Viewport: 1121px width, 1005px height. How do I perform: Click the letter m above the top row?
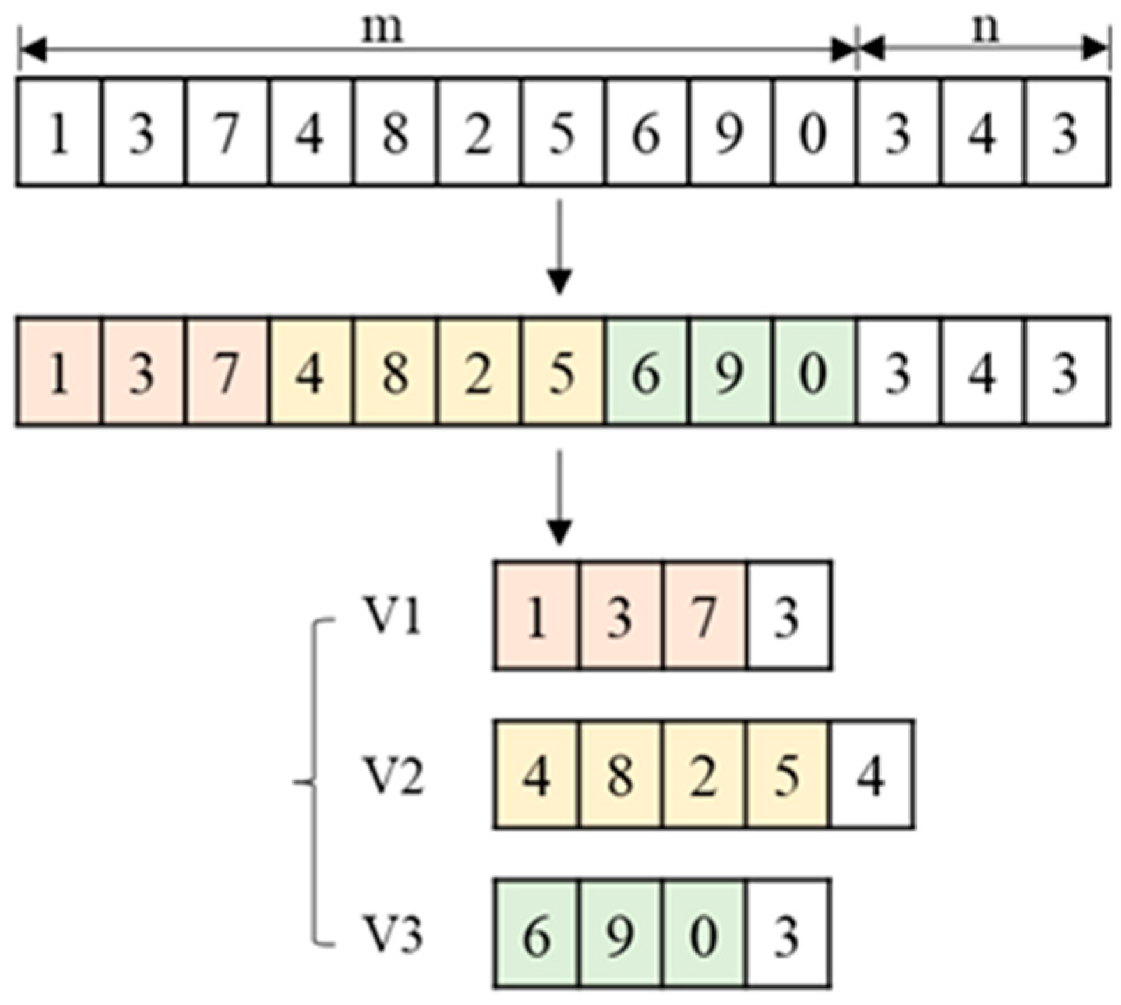pyautogui.click(x=383, y=30)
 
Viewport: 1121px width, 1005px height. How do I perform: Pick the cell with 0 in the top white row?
pyautogui.click(x=813, y=133)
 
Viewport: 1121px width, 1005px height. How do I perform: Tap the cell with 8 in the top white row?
pyautogui.click(x=395, y=133)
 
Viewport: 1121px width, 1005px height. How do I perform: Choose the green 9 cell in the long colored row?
pyautogui.click(x=730, y=372)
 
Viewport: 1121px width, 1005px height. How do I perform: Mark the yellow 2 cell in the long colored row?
pyautogui.click(x=479, y=372)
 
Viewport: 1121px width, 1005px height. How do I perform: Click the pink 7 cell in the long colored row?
pyautogui.click(x=227, y=372)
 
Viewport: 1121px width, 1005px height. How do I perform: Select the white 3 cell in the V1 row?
pyautogui.click(x=788, y=616)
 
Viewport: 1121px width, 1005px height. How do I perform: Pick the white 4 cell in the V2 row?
pyautogui.click(x=871, y=775)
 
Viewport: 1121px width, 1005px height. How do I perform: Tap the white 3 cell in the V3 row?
pyautogui.click(x=788, y=934)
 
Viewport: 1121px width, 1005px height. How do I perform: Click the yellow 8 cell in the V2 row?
pyautogui.click(x=620, y=775)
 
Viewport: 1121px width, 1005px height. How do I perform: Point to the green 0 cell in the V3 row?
pyautogui.click(x=704, y=934)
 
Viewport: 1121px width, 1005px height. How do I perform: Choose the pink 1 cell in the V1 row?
pyautogui.click(x=536, y=616)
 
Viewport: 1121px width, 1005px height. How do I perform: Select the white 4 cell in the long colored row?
pyautogui.click(x=981, y=372)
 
